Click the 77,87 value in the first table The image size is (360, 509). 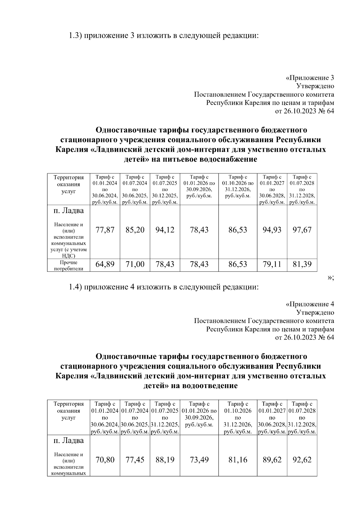tap(105, 230)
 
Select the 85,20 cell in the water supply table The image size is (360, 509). tap(135, 230)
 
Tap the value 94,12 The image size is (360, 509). tap(165, 230)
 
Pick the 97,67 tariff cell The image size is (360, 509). tap(302, 230)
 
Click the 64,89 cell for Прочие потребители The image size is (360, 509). tap(105, 265)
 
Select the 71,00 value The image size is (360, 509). tap(135, 265)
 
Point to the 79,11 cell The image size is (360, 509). tap(272, 265)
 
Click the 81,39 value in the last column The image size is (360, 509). tap(302, 265)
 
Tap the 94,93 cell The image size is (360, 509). tap(272, 230)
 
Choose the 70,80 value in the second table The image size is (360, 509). tap(105, 460)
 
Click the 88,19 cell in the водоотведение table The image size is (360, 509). tap(165, 460)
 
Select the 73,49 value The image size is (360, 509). tap(199, 460)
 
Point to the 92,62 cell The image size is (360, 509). tap(302, 460)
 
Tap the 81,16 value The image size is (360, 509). tap(238, 460)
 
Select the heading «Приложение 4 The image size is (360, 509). tap(310, 304)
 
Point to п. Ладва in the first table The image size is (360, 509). tap(68, 211)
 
